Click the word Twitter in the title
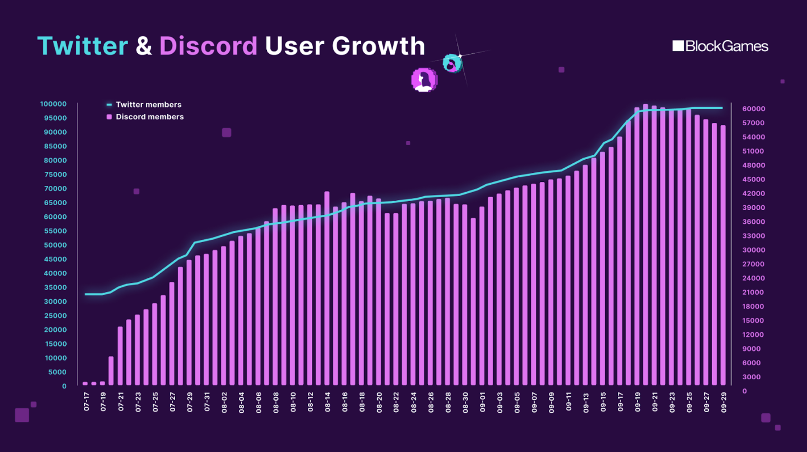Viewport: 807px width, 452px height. click(83, 46)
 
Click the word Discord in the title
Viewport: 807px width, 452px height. click(208, 46)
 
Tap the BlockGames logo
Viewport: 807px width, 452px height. click(720, 46)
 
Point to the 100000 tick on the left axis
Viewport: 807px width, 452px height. click(53, 104)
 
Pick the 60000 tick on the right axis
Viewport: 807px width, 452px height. click(754, 109)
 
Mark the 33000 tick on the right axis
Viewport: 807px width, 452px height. click(754, 236)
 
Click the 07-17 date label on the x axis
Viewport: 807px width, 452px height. click(86, 401)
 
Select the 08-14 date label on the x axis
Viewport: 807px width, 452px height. click(327, 401)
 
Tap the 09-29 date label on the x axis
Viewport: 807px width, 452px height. click(724, 401)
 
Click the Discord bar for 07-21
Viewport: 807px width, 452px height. click(120, 356)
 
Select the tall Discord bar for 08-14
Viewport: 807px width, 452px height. click(327, 289)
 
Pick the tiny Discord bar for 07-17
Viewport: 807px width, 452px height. click(85, 383)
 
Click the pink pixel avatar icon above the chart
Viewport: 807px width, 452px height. click(424, 80)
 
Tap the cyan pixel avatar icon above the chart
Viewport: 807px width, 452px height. click(452, 63)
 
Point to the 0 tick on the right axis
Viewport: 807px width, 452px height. click(745, 391)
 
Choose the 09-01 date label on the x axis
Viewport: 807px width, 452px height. click(482, 401)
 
